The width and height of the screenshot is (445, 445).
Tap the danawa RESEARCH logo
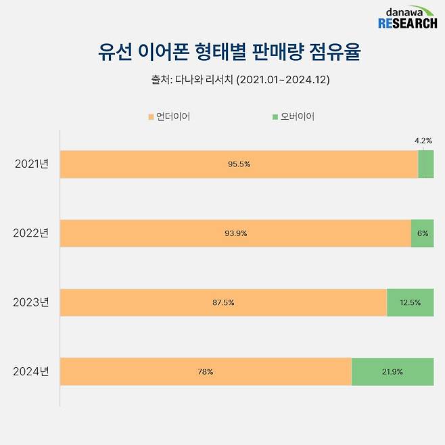coord(407,18)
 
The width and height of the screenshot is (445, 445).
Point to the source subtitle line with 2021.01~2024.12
coord(240,80)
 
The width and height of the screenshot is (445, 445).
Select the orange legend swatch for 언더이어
coord(151,117)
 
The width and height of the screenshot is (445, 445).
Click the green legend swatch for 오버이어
coord(275,117)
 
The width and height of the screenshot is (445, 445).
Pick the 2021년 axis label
coord(32,164)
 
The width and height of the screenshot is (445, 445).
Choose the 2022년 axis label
coord(32,233)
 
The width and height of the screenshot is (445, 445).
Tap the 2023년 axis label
coord(32,302)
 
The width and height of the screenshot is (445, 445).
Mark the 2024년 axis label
coord(32,371)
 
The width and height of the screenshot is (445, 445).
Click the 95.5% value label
coord(239,164)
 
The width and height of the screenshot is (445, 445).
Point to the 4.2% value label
coord(423,141)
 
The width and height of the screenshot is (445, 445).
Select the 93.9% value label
coord(236,233)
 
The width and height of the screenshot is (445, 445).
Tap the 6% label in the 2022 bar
coord(423,233)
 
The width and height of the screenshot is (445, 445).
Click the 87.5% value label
coord(224,302)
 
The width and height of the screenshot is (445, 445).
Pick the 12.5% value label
coord(411,302)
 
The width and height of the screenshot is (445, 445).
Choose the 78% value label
coord(206,372)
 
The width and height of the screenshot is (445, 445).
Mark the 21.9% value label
coord(393,372)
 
